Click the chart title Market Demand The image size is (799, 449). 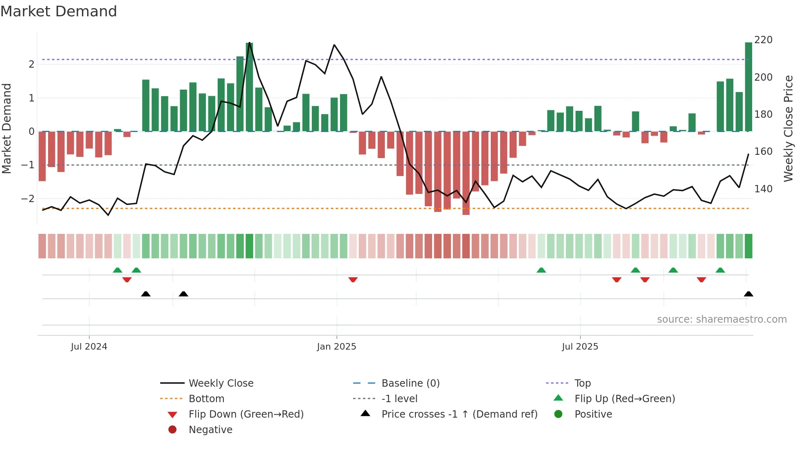(59, 11)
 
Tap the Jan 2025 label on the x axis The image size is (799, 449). (336, 347)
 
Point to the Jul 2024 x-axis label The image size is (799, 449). (89, 347)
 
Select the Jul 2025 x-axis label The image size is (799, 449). (580, 347)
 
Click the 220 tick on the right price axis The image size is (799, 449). (763, 40)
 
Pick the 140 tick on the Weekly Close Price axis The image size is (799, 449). (763, 189)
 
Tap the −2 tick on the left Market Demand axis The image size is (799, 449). (28, 199)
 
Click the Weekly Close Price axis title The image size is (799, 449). (788, 128)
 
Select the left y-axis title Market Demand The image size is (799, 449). (7, 128)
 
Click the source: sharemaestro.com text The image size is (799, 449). (722, 319)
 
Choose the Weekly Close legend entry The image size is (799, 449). (221, 383)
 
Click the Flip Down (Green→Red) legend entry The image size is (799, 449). (246, 414)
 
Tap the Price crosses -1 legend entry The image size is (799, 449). (459, 414)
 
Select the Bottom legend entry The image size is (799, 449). (206, 399)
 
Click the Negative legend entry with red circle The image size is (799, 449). (210, 430)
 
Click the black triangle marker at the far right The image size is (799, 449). (748, 294)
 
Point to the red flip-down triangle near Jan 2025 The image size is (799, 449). (353, 280)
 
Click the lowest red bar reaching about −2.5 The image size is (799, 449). (466, 173)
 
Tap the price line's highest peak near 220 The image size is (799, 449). (249, 43)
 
